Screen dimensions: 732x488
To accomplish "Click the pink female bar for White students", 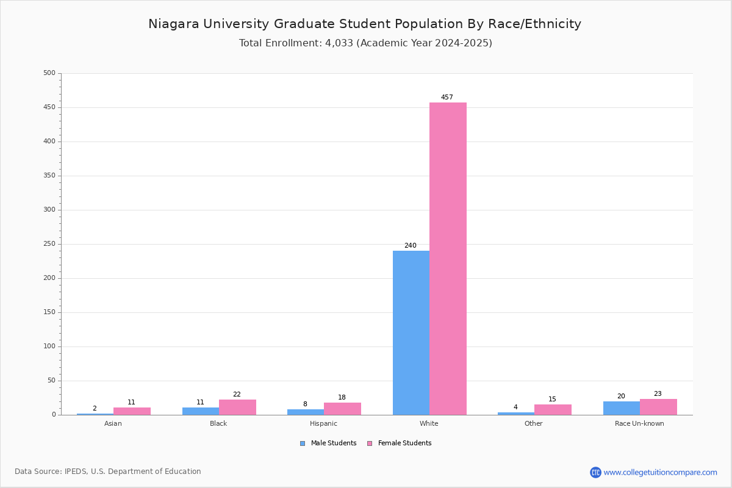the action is (x=448, y=259).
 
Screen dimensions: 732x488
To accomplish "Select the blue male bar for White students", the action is (x=411, y=332).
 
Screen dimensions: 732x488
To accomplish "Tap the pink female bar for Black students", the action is (x=237, y=407).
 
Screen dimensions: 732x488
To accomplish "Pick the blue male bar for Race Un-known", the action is (x=622, y=408).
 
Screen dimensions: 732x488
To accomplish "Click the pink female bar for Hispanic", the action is (x=342, y=409).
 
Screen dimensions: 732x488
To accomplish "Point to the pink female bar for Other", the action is (x=553, y=410).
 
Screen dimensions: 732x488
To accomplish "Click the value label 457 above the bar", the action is (x=447, y=97).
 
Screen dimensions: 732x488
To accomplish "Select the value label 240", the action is (x=411, y=245).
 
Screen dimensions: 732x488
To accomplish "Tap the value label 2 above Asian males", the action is (x=95, y=408).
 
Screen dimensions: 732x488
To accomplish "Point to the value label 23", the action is (x=658, y=393).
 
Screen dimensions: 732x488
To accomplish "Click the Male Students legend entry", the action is (x=328, y=443).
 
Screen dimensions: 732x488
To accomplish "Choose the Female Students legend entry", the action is (x=400, y=443).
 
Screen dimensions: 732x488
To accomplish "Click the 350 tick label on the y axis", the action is (x=49, y=176).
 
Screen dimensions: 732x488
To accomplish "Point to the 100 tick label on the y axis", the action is (x=49, y=346).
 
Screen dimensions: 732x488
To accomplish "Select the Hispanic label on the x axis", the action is (x=323, y=423).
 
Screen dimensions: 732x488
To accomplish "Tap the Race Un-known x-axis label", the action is (x=639, y=423).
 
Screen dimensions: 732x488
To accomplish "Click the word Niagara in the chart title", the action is (x=174, y=24).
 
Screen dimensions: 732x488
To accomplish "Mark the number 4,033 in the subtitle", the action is (x=339, y=43).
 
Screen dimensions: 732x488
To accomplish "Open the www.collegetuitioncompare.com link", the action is (x=661, y=472).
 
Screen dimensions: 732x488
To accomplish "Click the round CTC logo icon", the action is (x=595, y=472).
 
